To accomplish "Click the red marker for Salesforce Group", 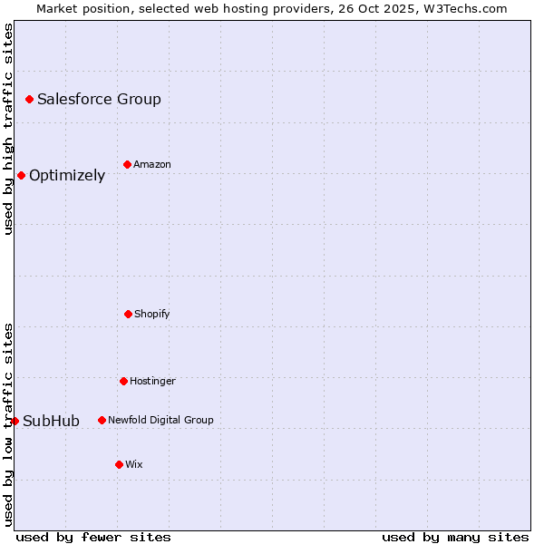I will [x=29, y=99].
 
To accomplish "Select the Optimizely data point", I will [x=21, y=175].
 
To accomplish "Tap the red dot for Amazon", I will [x=127, y=164].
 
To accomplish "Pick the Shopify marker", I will [x=128, y=314].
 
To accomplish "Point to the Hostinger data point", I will [x=123, y=381].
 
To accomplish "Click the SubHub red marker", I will [x=15, y=421].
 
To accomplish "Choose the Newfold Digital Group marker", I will [x=102, y=420].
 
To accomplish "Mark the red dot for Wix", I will [x=119, y=464].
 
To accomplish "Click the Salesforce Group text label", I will [x=99, y=99].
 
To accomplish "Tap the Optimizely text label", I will [x=67, y=175].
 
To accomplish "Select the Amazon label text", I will [x=152, y=164].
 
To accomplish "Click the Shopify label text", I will [x=152, y=314].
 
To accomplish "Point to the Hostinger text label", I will [x=152, y=381].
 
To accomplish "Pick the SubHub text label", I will [x=51, y=421].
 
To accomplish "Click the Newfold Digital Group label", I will [x=160, y=420].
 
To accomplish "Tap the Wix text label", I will [x=134, y=464].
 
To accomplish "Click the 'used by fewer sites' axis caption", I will [x=93, y=537].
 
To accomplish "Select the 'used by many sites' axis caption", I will [x=455, y=537].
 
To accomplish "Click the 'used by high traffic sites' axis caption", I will [x=8, y=129].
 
